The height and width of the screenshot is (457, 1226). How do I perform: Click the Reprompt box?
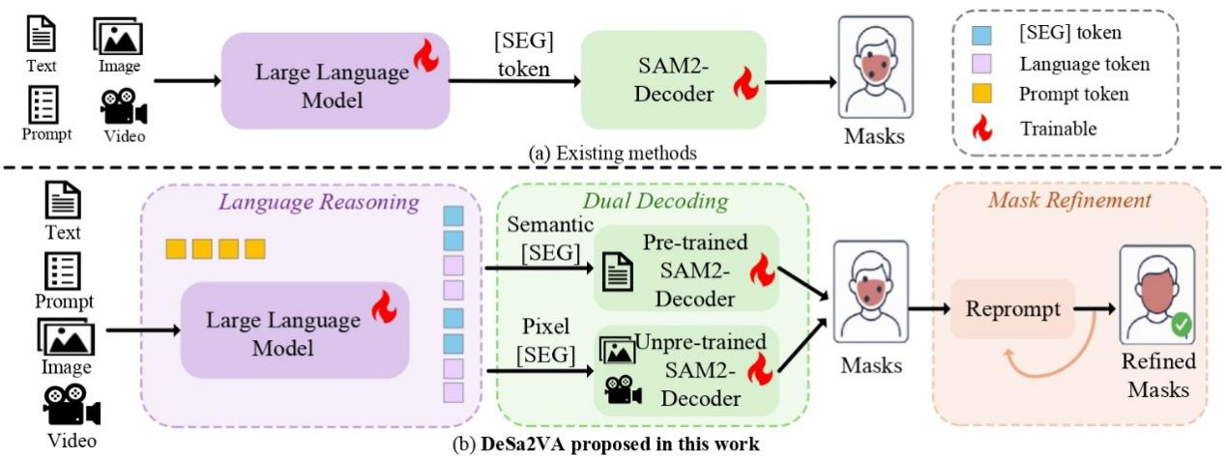(1012, 308)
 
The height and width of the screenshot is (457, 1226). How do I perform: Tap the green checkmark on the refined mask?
(1182, 325)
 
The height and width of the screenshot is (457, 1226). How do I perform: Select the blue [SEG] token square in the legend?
(982, 35)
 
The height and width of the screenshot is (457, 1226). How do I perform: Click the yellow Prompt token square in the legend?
(982, 93)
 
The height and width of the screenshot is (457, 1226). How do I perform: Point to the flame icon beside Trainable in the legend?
(982, 128)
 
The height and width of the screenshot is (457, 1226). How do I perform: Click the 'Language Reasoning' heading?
(319, 202)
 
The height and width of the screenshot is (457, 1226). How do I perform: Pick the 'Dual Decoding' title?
(656, 201)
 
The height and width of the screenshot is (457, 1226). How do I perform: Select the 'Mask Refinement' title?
(1069, 200)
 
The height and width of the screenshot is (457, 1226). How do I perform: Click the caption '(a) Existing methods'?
(612, 153)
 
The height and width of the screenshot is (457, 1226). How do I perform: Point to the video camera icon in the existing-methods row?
(124, 106)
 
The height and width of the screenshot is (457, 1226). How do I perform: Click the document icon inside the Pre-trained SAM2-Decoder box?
(618, 271)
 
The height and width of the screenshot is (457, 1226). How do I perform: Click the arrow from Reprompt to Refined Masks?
(1095, 309)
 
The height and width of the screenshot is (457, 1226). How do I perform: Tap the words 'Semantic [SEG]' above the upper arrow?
(550, 239)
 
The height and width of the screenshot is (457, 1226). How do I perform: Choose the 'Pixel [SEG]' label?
(545, 340)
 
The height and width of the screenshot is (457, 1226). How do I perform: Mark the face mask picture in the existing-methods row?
(875, 67)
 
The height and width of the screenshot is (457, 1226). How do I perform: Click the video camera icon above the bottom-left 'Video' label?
(72, 405)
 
